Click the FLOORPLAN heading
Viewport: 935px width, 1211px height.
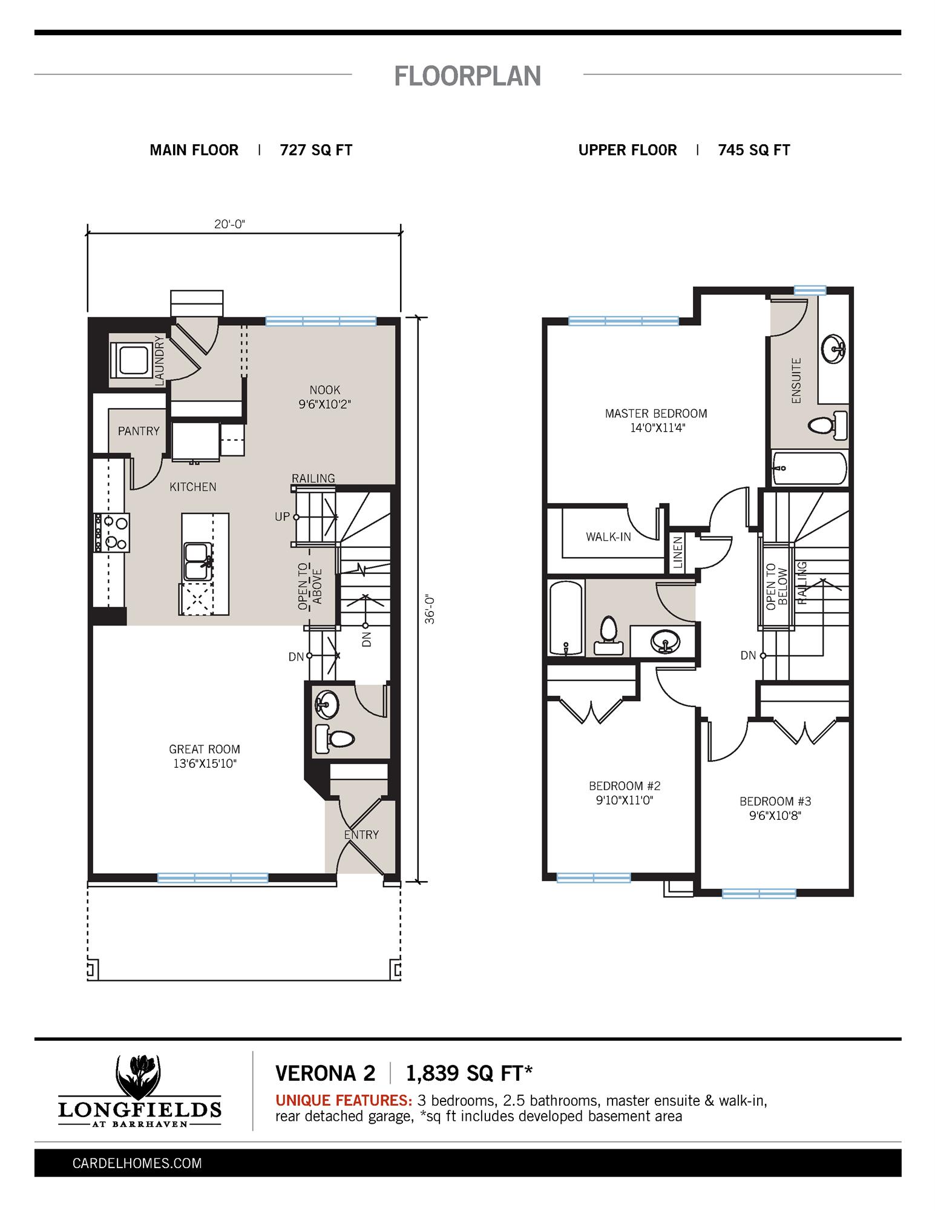pyautogui.click(x=467, y=76)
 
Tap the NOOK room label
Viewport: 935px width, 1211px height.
pyautogui.click(x=325, y=391)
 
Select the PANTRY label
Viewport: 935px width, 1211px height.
pyautogui.click(x=139, y=431)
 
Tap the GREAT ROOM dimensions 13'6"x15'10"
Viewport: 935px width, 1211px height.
pyautogui.click(x=205, y=764)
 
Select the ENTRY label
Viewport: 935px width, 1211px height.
pyautogui.click(x=361, y=834)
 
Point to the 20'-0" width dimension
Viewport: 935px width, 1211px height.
pyautogui.click(x=229, y=224)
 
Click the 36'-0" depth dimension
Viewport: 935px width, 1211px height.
pyautogui.click(x=430, y=609)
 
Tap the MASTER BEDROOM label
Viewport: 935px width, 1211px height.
pyautogui.click(x=656, y=414)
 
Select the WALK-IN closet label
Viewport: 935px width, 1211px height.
pyautogui.click(x=608, y=537)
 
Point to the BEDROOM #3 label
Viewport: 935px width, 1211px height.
pyautogui.click(x=775, y=801)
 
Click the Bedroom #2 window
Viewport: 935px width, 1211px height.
pyautogui.click(x=594, y=877)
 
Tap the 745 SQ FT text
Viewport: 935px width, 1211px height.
pyautogui.click(x=754, y=150)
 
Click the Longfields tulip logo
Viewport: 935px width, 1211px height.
pyautogui.click(x=139, y=1077)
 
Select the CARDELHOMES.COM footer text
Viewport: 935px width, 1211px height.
pyautogui.click(x=137, y=1163)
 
